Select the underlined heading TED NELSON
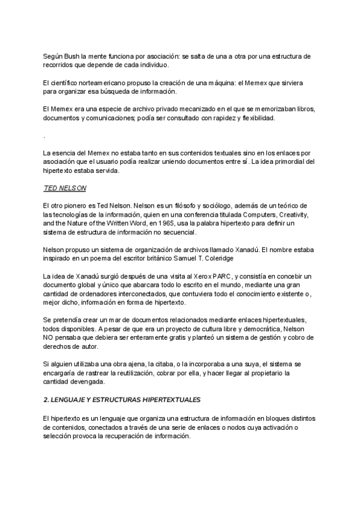(x=65, y=188)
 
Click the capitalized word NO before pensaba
(x=50, y=338)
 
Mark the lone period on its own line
(x=45, y=136)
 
